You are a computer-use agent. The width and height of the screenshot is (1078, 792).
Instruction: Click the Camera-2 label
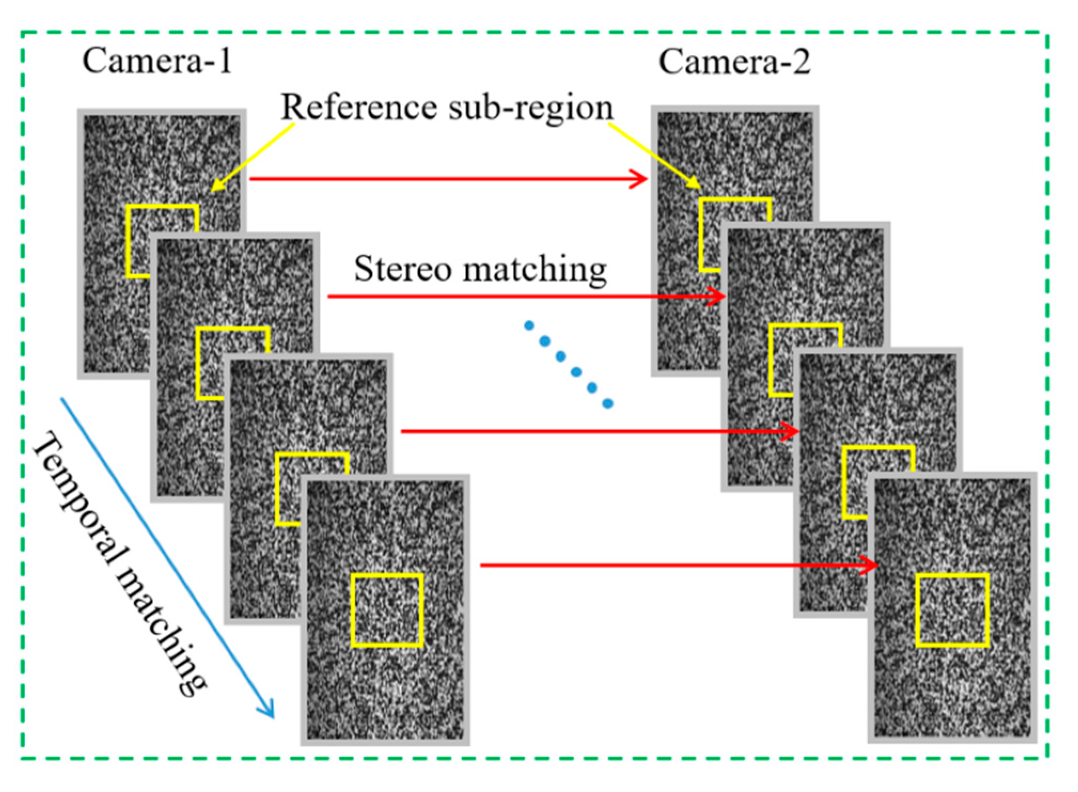click(x=734, y=62)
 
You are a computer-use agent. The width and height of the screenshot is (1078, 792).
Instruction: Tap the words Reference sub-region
click(x=447, y=107)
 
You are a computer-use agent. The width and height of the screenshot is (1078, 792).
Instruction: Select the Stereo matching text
click(x=480, y=268)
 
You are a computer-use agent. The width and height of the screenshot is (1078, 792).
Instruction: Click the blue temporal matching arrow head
click(x=267, y=710)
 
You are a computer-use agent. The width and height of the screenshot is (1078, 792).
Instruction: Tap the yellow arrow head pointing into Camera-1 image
click(x=216, y=187)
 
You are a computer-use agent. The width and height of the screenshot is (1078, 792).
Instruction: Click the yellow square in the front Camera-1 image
click(x=387, y=610)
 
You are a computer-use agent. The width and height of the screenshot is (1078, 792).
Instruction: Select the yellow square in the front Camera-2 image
click(x=952, y=610)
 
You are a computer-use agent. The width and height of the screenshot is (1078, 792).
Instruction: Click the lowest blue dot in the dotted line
click(x=608, y=403)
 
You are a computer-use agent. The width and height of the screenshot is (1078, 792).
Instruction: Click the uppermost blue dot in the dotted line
click(x=529, y=326)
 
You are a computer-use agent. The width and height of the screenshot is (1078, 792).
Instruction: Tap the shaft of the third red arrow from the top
click(x=587, y=431)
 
